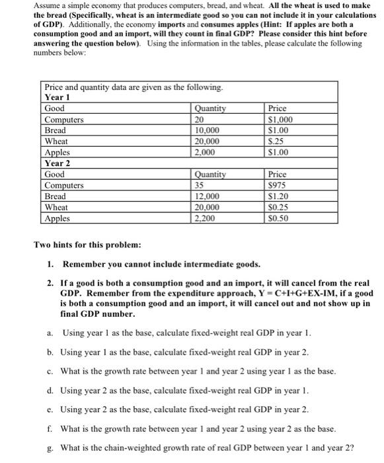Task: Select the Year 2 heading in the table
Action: coord(58,163)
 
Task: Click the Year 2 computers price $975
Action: coord(277,185)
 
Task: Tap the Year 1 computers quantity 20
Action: coord(200,119)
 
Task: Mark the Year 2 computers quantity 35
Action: coord(200,185)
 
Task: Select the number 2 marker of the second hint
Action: coord(51,282)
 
